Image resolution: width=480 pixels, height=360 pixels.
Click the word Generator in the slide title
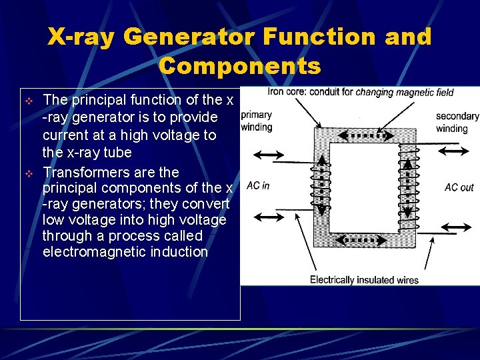tap(189, 37)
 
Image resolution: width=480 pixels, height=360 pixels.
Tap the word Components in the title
tap(240, 66)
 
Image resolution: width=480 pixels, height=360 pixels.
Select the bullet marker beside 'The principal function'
tap(29, 101)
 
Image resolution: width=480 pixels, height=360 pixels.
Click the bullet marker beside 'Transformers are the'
tap(29, 173)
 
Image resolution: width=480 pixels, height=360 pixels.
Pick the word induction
tap(177, 252)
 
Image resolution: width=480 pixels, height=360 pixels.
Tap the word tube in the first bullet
tap(119, 152)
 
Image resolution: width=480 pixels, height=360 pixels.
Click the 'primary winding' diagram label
tap(257, 121)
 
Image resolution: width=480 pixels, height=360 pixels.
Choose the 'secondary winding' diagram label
tap(457, 122)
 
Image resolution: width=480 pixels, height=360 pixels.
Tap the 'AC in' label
tap(258, 186)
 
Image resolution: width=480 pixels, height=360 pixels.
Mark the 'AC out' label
tap(459, 187)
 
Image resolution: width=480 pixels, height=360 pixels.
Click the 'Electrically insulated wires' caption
tap(364, 280)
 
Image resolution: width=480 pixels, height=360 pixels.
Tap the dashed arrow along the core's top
tap(363, 136)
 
